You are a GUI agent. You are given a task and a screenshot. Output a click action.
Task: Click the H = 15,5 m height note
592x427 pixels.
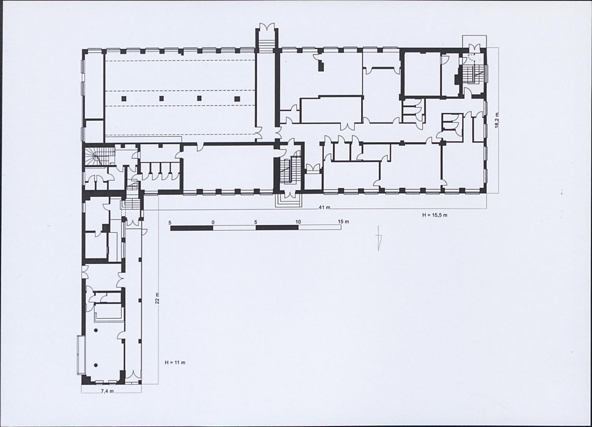435,215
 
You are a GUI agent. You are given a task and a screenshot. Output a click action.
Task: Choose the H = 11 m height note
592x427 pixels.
175,363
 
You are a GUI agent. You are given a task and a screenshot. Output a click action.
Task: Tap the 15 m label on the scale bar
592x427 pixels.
343,221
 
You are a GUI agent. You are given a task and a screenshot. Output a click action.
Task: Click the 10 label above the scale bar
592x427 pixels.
298,221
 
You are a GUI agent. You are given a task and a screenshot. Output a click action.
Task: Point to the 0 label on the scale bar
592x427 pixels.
213,222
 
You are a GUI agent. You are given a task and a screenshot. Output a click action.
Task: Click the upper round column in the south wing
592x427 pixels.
96,330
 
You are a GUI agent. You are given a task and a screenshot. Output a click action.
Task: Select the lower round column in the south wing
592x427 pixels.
96,365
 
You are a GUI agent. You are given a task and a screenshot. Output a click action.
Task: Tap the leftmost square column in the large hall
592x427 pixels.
124,99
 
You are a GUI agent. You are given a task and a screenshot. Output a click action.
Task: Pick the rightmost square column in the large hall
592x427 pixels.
237,99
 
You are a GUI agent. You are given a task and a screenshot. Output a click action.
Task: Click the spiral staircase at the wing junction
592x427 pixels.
99,157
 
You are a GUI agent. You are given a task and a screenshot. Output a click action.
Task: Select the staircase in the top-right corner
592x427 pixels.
474,75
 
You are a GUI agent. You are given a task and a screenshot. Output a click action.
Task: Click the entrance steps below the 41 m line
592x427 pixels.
289,201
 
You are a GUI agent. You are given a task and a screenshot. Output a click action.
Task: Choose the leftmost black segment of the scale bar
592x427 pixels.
191,228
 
